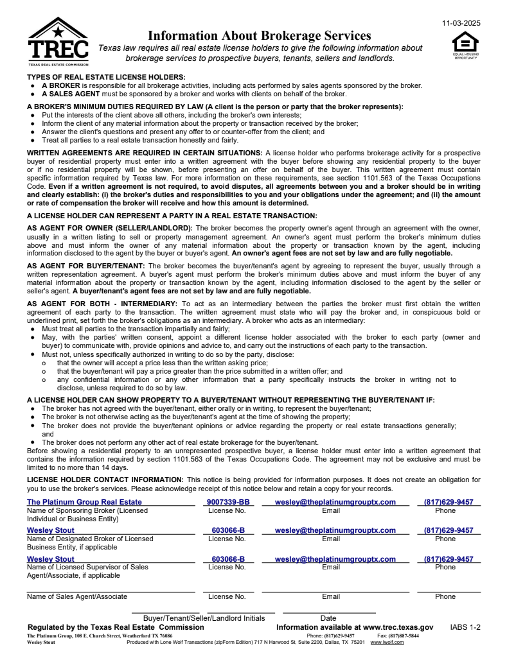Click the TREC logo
[58, 42]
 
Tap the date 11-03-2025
[461, 23]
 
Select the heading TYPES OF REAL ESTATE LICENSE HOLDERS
[97, 77]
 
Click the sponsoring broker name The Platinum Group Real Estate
[84, 502]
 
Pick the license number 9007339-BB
[227, 502]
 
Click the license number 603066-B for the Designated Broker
[227, 531]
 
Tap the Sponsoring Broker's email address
[335, 502]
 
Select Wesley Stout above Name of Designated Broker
[50, 531]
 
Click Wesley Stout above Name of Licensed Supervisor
[50, 559]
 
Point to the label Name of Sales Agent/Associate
[76, 596]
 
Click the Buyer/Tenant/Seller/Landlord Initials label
[204, 618]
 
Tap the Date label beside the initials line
[328, 618]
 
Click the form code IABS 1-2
[465, 627]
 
